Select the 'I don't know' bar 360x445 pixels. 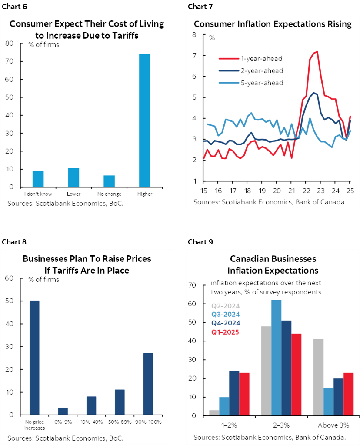click(38, 179)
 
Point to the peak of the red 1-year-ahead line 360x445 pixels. click(317, 52)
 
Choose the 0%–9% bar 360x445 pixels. click(63, 411)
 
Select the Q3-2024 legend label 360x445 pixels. click(225, 314)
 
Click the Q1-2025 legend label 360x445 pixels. click(225, 332)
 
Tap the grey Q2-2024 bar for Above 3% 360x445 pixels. click(318, 377)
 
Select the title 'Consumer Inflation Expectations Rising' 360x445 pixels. click(273, 24)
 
